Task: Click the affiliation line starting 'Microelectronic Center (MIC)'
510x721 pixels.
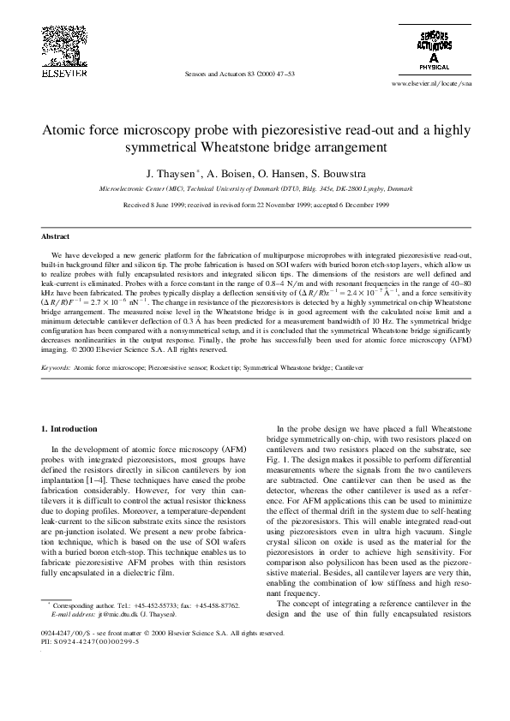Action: (x=255, y=186)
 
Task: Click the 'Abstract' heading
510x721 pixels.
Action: (x=56, y=236)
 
